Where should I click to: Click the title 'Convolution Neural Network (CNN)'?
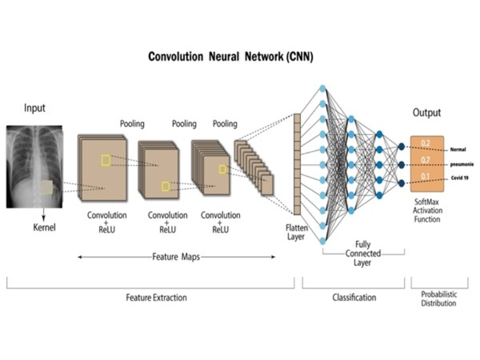pyautogui.click(x=230, y=58)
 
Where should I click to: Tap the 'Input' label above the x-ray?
pyautogui.click(x=34, y=108)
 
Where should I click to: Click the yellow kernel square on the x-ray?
pyautogui.click(x=47, y=187)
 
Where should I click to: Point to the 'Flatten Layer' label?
pyautogui.click(x=296, y=232)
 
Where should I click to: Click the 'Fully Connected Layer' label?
pyautogui.click(x=363, y=253)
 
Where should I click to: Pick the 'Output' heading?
pyautogui.click(x=427, y=112)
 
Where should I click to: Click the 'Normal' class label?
pyautogui.click(x=458, y=149)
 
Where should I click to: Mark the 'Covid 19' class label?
pyautogui.click(x=459, y=178)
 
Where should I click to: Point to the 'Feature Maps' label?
pyautogui.click(x=176, y=257)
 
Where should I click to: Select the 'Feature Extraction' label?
pyautogui.click(x=156, y=297)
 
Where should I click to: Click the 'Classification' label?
pyautogui.click(x=354, y=297)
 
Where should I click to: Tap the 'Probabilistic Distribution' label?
pyautogui.click(x=437, y=299)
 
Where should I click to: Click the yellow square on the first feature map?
pyautogui.click(x=106, y=160)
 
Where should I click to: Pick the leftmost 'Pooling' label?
pyautogui.click(x=132, y=124)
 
